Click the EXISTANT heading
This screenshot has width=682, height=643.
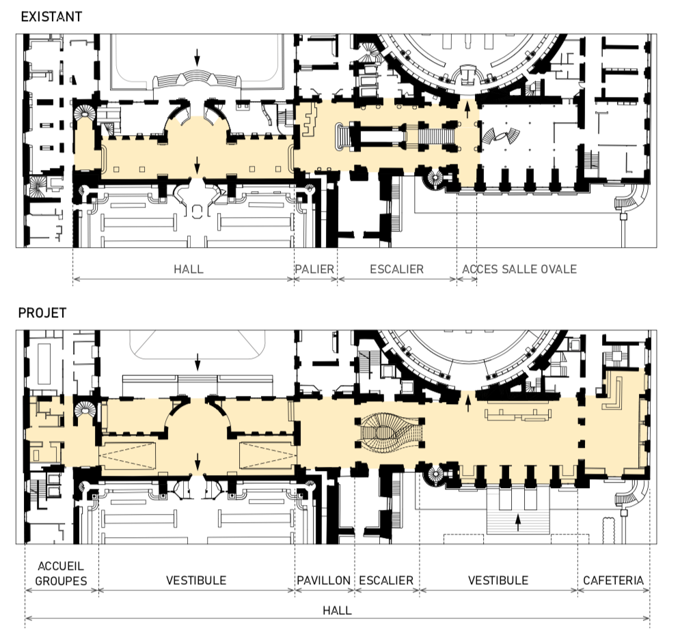pos(51,16)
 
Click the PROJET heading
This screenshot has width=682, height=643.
pos(42,313)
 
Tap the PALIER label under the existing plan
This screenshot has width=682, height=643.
pos(314,269)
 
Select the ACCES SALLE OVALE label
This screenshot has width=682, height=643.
pos(519,269)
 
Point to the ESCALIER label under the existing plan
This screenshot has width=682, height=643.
pos(396,269)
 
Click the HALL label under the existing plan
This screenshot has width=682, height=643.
pos(189,269)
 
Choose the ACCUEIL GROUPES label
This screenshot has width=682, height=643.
pos(61,573)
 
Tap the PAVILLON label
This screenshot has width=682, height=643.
pos(324,580)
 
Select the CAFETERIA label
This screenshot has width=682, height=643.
pos(613,580)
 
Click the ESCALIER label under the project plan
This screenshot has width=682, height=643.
pos(386,580)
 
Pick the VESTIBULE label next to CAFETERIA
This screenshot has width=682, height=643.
pos(498,580)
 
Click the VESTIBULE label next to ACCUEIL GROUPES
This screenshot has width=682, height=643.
pos(196,580)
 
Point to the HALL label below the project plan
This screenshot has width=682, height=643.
pos(337,610)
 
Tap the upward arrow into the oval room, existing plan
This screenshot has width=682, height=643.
pos(467,109)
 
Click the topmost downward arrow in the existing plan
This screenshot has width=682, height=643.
pos(197,57)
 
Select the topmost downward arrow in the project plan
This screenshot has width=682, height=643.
pos(197,362)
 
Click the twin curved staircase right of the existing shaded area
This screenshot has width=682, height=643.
pos(500,136)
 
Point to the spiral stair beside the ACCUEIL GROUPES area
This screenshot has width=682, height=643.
pos(84,410)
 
